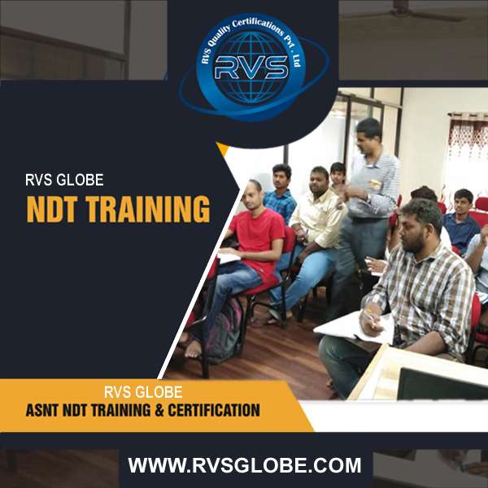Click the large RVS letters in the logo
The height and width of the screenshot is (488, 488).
[251, 67]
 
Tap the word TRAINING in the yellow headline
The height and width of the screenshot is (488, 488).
[148, 208]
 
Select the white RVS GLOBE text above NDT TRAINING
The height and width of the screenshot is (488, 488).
[64, 180]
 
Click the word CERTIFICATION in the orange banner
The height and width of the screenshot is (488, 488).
[214, 410]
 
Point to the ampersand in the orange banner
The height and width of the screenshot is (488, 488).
[159, 410]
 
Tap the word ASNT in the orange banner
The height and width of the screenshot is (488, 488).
[42, 410]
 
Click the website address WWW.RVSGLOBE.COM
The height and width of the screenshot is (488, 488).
[245, 465]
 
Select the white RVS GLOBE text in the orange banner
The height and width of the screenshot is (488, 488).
[143, 392]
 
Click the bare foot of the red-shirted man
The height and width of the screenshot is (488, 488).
[193, 349]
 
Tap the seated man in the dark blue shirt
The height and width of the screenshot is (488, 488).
[460, 220]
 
